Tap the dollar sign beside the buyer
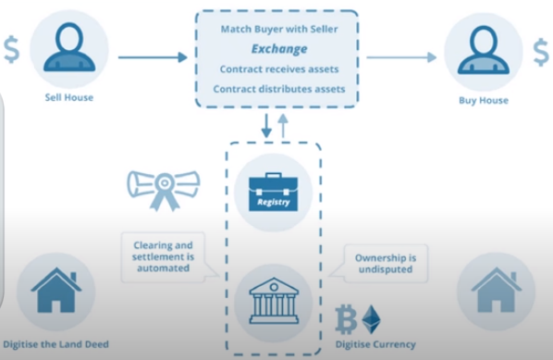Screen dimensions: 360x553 coord(540,53)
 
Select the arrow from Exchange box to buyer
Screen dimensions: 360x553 coord(401,57)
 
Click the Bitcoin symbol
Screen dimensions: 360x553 coord(347,319)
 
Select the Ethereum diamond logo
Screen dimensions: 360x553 coord(372,319)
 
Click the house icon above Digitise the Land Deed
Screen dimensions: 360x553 coord(56,291)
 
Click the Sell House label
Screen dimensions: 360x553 coord(69,97)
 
